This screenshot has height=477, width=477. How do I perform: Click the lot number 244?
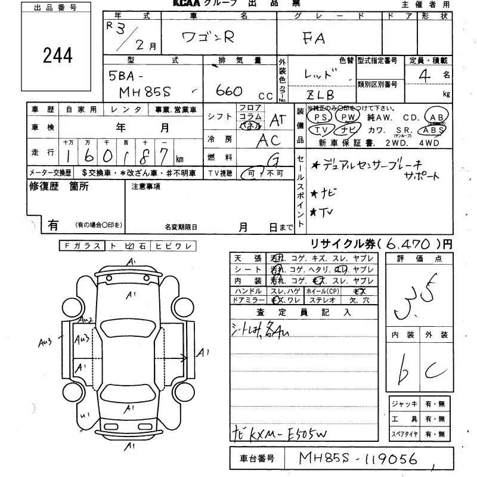(58, 55)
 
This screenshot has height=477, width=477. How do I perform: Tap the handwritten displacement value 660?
(229, 91)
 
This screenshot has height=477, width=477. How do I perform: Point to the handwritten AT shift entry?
(277, 120)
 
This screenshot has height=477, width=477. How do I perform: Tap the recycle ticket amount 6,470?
(411, 244)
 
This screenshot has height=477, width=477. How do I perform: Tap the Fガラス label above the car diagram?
(81, 245)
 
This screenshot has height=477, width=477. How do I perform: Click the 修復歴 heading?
(42, 186)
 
